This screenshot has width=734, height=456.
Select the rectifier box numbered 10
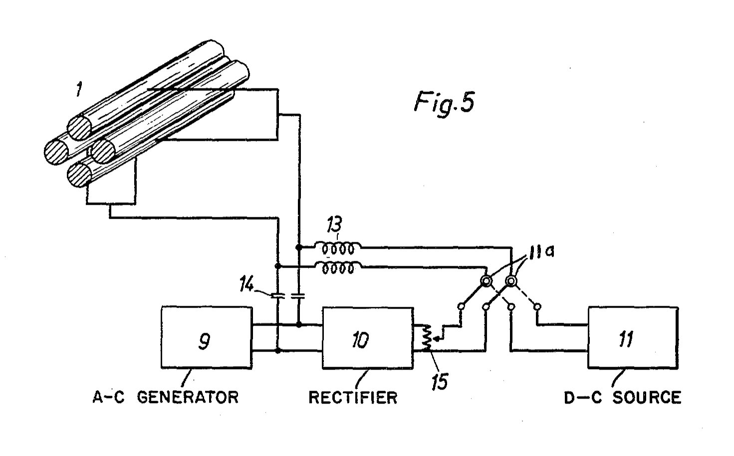(368, 338)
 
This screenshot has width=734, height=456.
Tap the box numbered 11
(633, 338)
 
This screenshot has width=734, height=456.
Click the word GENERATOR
(188, 398)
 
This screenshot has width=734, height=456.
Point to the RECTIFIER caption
(353, 398)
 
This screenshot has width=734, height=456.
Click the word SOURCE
(647, 398)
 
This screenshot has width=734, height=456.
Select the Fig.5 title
(444, 103)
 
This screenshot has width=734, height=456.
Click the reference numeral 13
(335, 226)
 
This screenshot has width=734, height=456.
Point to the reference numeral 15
(440, 382)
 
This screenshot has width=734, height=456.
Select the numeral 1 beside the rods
(79, 90)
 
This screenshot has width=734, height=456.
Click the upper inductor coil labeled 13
(338, 248)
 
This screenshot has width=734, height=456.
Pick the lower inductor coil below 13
(338, 268)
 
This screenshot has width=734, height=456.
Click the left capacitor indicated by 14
(278, 296)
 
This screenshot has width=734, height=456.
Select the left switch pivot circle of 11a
(486, 282)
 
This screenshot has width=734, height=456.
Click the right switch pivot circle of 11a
(511, 282)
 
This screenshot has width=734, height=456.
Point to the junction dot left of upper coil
(298, 247)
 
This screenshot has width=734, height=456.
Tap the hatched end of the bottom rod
(78, 175)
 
